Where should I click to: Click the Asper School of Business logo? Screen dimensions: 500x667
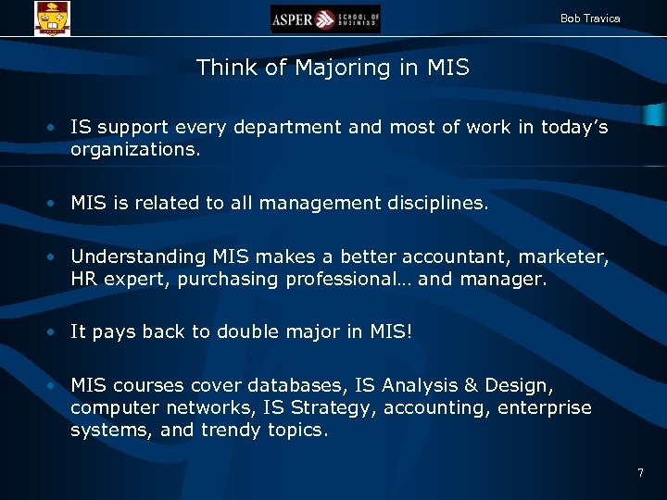(325, 19)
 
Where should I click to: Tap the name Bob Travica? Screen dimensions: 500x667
(590, 19)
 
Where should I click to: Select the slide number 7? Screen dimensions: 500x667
(640, 473)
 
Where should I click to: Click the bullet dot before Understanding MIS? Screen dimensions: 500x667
(57, 257)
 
